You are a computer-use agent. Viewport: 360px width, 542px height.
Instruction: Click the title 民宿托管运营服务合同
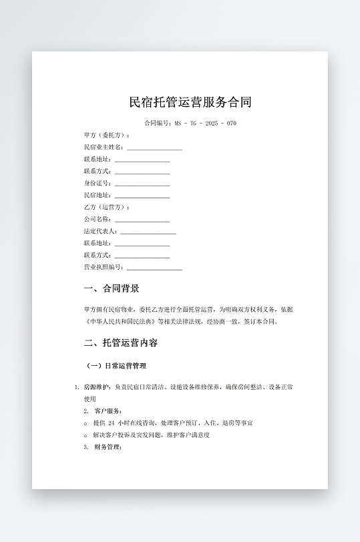pyautogui.click(x=190, y=103)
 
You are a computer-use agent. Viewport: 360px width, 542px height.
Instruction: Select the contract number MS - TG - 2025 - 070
pyautogui.click(x=205, y=123)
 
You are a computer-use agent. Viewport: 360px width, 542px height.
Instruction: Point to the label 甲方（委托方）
pyautogui.click(x=106, y=135)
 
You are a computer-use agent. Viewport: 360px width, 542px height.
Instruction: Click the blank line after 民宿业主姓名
pyautogui.click(x=154, y=148)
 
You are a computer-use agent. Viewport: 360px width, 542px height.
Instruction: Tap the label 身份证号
pyautogui.click(x=96, y=184)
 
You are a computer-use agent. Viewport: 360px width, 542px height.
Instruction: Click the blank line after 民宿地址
pyautogui.click(x=142, y=196)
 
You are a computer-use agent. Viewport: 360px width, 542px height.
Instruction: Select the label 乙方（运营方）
pyautogui.click(x=106, y=208)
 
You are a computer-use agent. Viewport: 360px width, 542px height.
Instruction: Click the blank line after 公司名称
pyautogui.click(x=142, y=220)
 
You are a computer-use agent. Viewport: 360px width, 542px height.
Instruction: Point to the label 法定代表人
pyautogui.click(x=100, y=232)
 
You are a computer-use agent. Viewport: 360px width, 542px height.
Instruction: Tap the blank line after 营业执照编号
pyautogui.click(x=154, y=268)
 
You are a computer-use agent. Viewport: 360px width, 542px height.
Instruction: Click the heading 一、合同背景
pyautogui.click(x=112, y=289)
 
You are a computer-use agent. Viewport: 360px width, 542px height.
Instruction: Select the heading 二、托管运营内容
pyautogui.click(x=121, y=343)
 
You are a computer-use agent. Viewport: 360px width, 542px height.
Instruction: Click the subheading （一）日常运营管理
pyautogui.click(x=117, y=366)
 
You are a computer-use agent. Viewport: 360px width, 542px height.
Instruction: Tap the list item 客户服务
pyautogui.click(x=108, y=411)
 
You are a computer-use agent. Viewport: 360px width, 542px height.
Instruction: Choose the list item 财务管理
pyautogui.click(x=108, y=447)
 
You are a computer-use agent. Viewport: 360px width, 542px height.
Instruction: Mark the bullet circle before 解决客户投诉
pyautogui.click(x=86, y=435)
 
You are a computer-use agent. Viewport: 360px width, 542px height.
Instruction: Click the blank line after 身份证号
pyautogui.click(x=142, y=184)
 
